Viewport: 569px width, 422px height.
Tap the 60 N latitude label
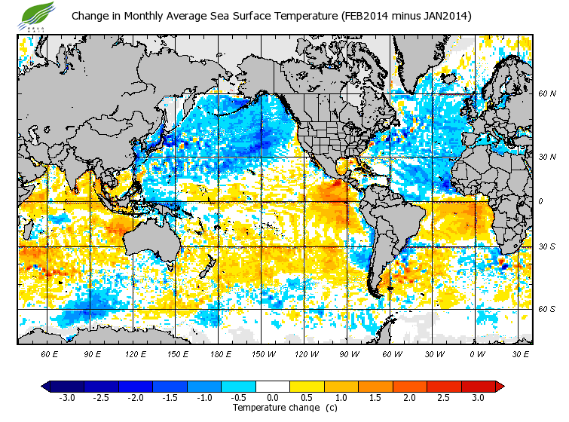click(546, 93)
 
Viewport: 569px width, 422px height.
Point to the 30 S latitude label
click(546, 246)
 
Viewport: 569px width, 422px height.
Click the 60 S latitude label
click(546, 309)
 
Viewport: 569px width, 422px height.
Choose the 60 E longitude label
click(50, 353)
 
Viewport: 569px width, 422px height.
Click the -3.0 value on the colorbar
click(66, 397)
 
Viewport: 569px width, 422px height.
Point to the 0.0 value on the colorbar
click(273, 397)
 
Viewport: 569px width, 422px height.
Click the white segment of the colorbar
click(273, 386)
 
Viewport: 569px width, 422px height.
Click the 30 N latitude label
click(546, 157)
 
